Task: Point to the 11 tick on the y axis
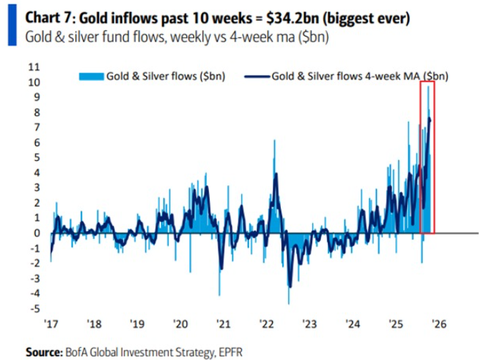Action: (33, 67)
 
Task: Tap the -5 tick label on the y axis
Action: (33, 309)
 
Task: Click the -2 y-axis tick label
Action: (33, 263)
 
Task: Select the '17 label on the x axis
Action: (51, 323)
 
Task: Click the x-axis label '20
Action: (180, 323)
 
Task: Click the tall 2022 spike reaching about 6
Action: (274, 143)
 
